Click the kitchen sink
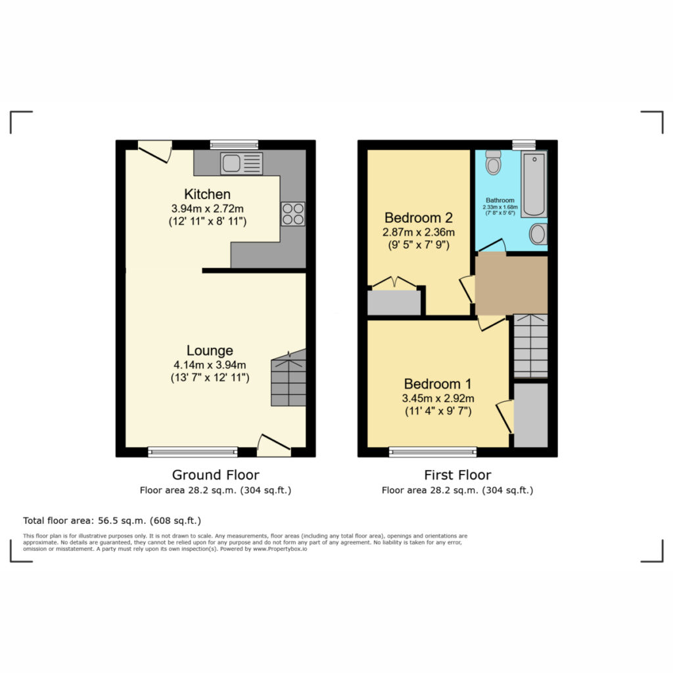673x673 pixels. [241, 164]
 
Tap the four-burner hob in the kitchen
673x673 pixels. [293, 214]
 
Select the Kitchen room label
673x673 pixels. [207, 194]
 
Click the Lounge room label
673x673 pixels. [210, 350]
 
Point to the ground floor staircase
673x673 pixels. [289, 378]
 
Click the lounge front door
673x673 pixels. [274, 446]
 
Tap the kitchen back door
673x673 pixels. [155, 152]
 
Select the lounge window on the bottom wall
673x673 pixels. [193, 452]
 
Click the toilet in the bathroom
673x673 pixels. [494, 162]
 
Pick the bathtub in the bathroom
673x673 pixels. [534, 184]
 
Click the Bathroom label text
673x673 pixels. [500, 200]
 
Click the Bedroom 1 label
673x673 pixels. [438, 383]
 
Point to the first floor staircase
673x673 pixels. [531, 346]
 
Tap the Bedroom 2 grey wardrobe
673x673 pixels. [394, 302]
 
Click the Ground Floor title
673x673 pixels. [216, 475]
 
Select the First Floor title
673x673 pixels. [457, 475]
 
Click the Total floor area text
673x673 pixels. [112, 521]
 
